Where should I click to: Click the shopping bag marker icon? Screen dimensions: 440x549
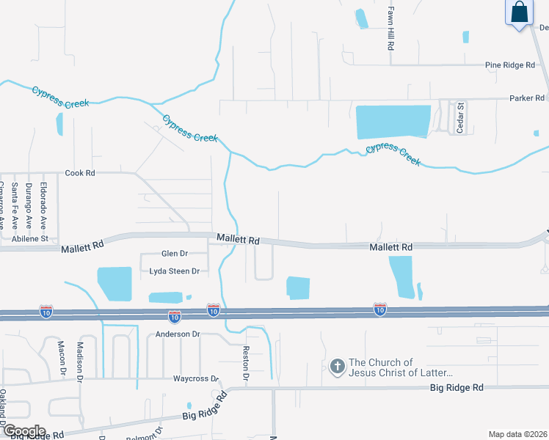518,13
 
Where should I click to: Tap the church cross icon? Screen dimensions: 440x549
337,366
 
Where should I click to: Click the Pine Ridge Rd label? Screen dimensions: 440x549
510,65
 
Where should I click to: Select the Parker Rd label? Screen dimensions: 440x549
527,98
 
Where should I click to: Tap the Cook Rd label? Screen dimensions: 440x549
80,173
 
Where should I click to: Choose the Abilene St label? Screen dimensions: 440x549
29,238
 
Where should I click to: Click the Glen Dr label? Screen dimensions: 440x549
175,254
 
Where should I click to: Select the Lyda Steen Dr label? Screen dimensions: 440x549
175,271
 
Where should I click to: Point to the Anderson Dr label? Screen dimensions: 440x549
178,334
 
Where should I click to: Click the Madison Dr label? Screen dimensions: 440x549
81,359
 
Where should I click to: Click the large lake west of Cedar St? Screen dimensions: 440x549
393,122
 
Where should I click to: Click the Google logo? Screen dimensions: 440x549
23,430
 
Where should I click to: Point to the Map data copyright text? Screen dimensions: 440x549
518,434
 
